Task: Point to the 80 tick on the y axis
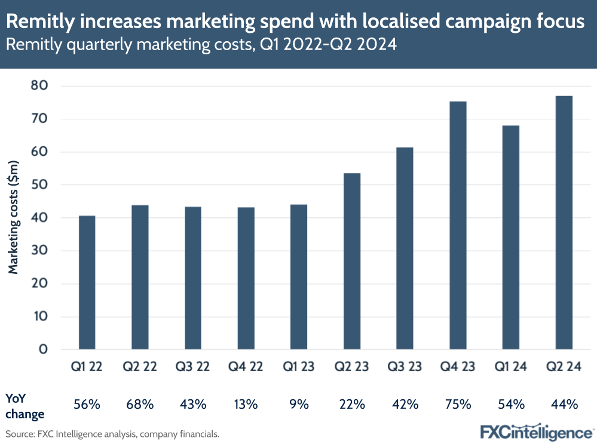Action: click(x=39, y=86)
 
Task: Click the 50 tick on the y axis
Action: click(x=39, y=185)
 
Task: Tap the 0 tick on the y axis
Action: click(x=42, y=350)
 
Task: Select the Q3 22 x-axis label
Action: click(x=193, y=367)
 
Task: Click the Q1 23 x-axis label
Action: click(x=299, y=367)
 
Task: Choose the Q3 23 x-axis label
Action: click(x=405, y=367)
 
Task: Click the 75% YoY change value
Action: click(x=458, y=405)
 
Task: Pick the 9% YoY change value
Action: click(x=299, y=405)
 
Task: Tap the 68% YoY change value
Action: click(x=140, y=405)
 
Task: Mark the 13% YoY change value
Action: click(x=246, y=405)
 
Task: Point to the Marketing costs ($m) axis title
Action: click(x=14, y=217)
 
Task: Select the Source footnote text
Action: click(x=112, y=434)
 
